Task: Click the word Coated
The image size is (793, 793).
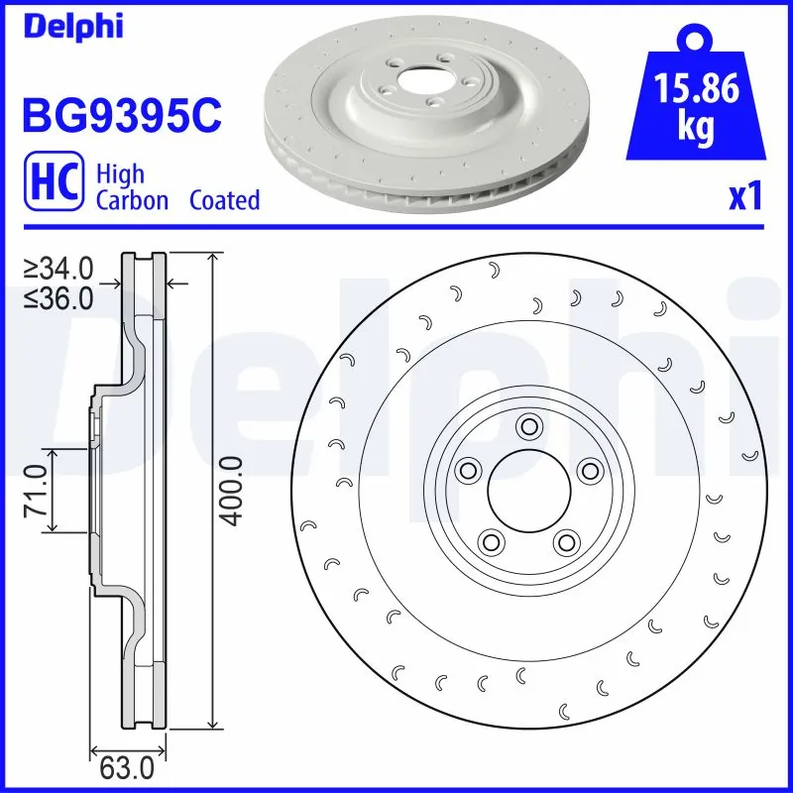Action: click(x=224, y=200)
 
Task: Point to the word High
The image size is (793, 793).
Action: click(x=120, y=174)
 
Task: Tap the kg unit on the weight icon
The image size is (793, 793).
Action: click(x=696, y=130)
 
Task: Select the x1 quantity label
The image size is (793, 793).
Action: click(x=746, y=196)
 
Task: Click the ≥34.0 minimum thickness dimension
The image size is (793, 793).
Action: click(x=59, y=269)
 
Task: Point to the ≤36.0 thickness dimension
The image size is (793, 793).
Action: click(x=59, y=297)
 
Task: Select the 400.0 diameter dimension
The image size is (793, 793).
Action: click(x=230, y=491)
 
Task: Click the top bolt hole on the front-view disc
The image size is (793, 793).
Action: click(x=528, y=427)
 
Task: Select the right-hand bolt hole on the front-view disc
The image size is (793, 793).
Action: click(x=590, y=470)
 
